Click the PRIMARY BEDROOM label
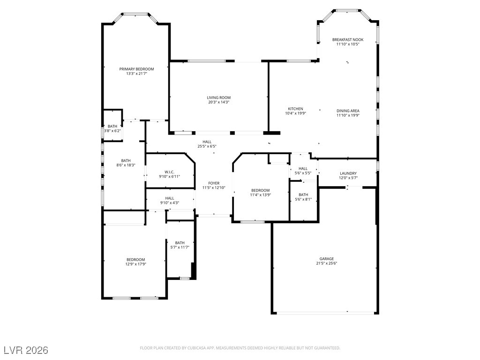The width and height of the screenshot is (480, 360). pyautogui.click(x=136, y=69)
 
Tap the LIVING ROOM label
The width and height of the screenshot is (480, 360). pyautogui.click(x=218, y=97)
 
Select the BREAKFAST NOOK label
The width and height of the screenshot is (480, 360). pyautogui.click(x=348, y=39)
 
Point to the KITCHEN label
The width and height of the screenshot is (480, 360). pyautogui.click(x=295, y=109)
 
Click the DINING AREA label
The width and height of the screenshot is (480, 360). pyautogui.click(x=348, y=111)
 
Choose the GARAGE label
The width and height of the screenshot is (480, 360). pyautogui.click(x=327, y=259)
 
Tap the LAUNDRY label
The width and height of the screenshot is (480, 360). pyautogui.click(x=348, y=173)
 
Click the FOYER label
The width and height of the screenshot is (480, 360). pyautogui.click(x=214, y=183)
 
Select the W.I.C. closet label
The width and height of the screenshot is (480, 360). pyautogui.click(x=169, y=172)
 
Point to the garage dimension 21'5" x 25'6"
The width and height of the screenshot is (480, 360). pyautogui.click(x=327, y=263)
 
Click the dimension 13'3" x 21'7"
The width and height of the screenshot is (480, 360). pyautogui.click(x=136, y=74)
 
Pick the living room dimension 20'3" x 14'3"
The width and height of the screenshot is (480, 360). pyautogui.click(x=218, y=102)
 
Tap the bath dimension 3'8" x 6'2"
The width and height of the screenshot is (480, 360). pyautogui.click(x=112, y=131)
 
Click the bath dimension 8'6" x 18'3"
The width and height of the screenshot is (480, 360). pyautogui.click(x=126, y=165)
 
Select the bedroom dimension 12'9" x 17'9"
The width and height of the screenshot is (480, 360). pyautogui.click(x=135, y=264)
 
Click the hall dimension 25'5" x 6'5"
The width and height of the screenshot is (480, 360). pyautogui.click(x=207, y=146)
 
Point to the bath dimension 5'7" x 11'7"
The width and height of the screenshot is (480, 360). pyautogui.click(x=180, y=247)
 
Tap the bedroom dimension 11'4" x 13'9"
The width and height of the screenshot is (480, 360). pyautogui.click(x=261, y=195)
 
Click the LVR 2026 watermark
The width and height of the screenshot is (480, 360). pyautogui.click(x=26, y=350)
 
